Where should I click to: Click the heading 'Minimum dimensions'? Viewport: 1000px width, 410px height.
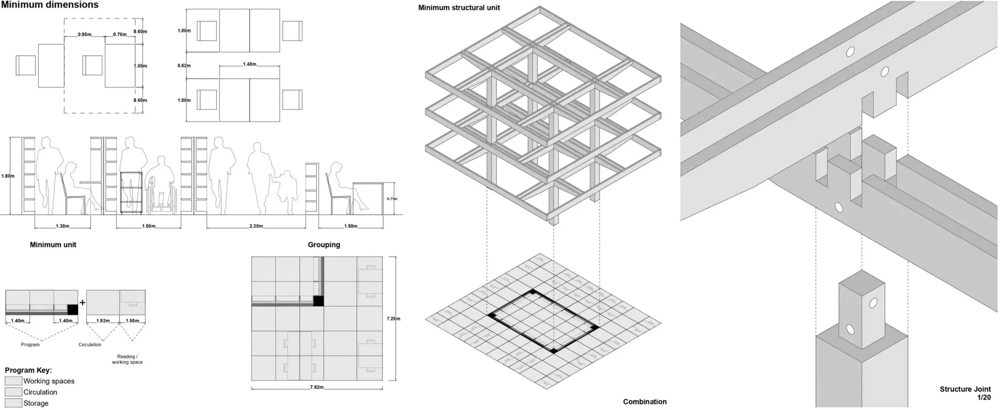pyautogui.click(x=50, y=5)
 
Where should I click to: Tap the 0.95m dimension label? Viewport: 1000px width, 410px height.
pyautogui.click(x=85, y=35)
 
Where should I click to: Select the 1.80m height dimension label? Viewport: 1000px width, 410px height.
pyautogui.click(x=8, y=176)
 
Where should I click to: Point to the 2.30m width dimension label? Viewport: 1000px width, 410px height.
pyautogui.click(x=256, y=226)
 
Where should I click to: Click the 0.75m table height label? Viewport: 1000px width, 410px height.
pyautogui.click(x=392, y=199)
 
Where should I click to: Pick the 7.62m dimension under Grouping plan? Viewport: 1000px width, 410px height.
pyautogui.click(x=317, y=387)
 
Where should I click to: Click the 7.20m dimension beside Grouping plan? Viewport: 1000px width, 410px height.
pyautogui.click(x=393, y=319)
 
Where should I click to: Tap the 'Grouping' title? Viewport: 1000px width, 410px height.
pyautogui.click(x=324, y=245)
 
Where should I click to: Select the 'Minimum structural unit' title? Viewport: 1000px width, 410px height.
pyautogui.click(x=459, y=8)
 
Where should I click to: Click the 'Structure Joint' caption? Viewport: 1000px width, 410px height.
pyautogui.click(x=965, y=389)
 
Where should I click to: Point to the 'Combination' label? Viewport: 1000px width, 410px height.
pyautogui.click(x=645, y=402)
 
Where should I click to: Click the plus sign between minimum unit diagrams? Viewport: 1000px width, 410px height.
pyautogui.click(x=83, y=303)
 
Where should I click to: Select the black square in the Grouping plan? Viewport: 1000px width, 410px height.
pyautogui.click(x=318, y=301)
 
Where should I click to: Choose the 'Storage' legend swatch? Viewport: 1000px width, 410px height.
pyautogui.click(x=13, y=403)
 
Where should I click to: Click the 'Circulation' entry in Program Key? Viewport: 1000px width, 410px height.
pyautogui.click(x=40, y=392)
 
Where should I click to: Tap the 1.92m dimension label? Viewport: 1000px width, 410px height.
pyautogui.click(x=103, y=321)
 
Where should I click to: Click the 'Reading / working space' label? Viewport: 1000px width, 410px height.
pyautogui.click(x=127, y=359)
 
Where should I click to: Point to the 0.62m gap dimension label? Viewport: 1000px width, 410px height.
pyautogui.click(x=184, y=66)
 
